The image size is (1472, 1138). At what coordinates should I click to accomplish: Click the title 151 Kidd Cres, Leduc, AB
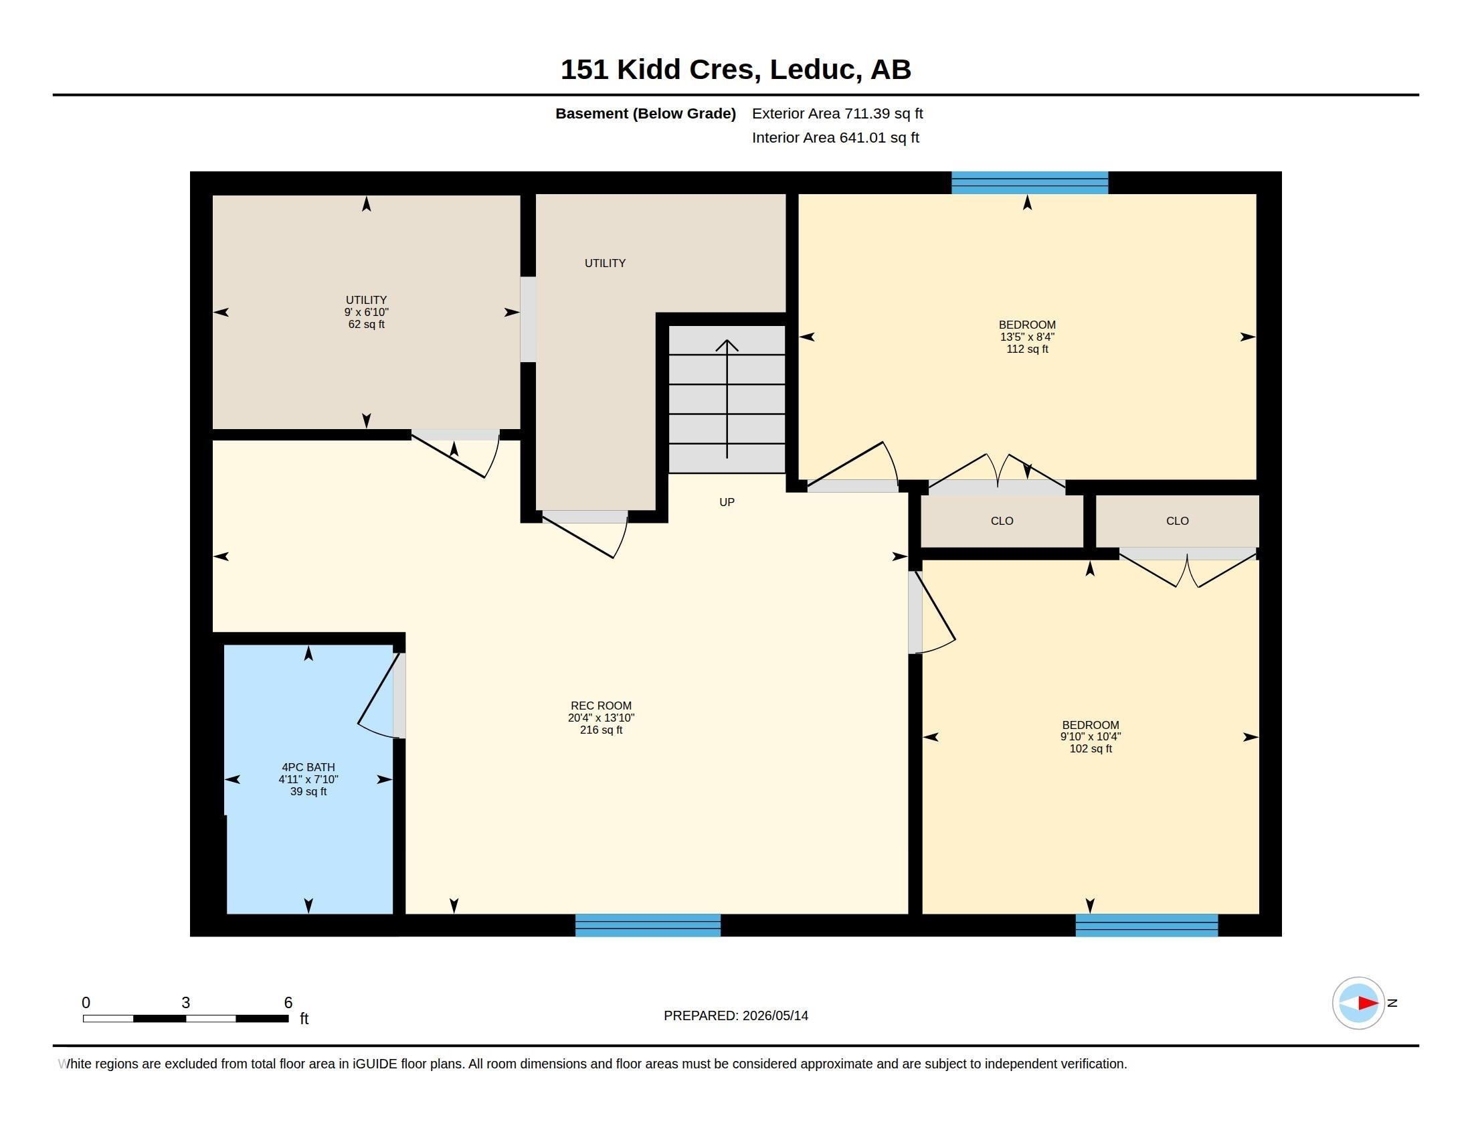pyautogui.click(x=735, y=70)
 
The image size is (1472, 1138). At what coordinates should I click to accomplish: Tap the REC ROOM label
pyautogui.click(x=601, y=706)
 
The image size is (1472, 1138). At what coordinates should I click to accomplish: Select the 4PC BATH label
pyautogui.click(x=308, y=767)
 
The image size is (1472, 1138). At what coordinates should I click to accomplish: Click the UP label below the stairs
pyautogui.click(x=727, y=502)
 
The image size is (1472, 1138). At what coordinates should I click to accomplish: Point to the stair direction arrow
pyautogui.click(x=727, y=398)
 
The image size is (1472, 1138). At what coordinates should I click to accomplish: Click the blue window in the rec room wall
pyautogui.click(x=648, y=925)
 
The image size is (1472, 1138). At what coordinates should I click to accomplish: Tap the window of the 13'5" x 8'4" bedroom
pyautogui.click(x=1029, y=183)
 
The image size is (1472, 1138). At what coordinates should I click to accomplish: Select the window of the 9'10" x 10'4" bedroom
pyautogui.click(x=1146, y=925)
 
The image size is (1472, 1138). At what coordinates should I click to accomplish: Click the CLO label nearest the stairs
pyautogui.click(x=1002, y=521)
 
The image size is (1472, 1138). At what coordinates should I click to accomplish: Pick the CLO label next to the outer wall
pyautogui.click(x=1178, y=521)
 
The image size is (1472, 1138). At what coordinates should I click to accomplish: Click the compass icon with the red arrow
pyautogui.click(x=1359, y=1003)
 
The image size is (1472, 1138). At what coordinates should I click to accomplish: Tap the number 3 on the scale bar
pyautogui.click(x=186, y=1003)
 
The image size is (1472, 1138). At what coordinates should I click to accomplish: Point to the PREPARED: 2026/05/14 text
pyautogui.click(x=736, y=1015)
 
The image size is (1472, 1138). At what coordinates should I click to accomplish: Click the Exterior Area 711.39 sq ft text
pyautogui.click(x=837, y=113)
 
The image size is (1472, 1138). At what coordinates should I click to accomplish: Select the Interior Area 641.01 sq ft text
pyautogui.click(x=835, y=137)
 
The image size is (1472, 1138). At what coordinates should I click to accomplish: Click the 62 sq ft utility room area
pyautogui.click(x=366, y=324)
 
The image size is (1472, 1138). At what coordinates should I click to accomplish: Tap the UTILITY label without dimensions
pyautogui.click(x=605, y=263)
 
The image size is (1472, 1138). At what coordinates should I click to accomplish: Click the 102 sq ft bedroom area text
pyautogui.click(x=1091, y=749)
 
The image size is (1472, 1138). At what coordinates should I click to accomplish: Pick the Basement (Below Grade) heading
pyautogui.click(x=645, y=113)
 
